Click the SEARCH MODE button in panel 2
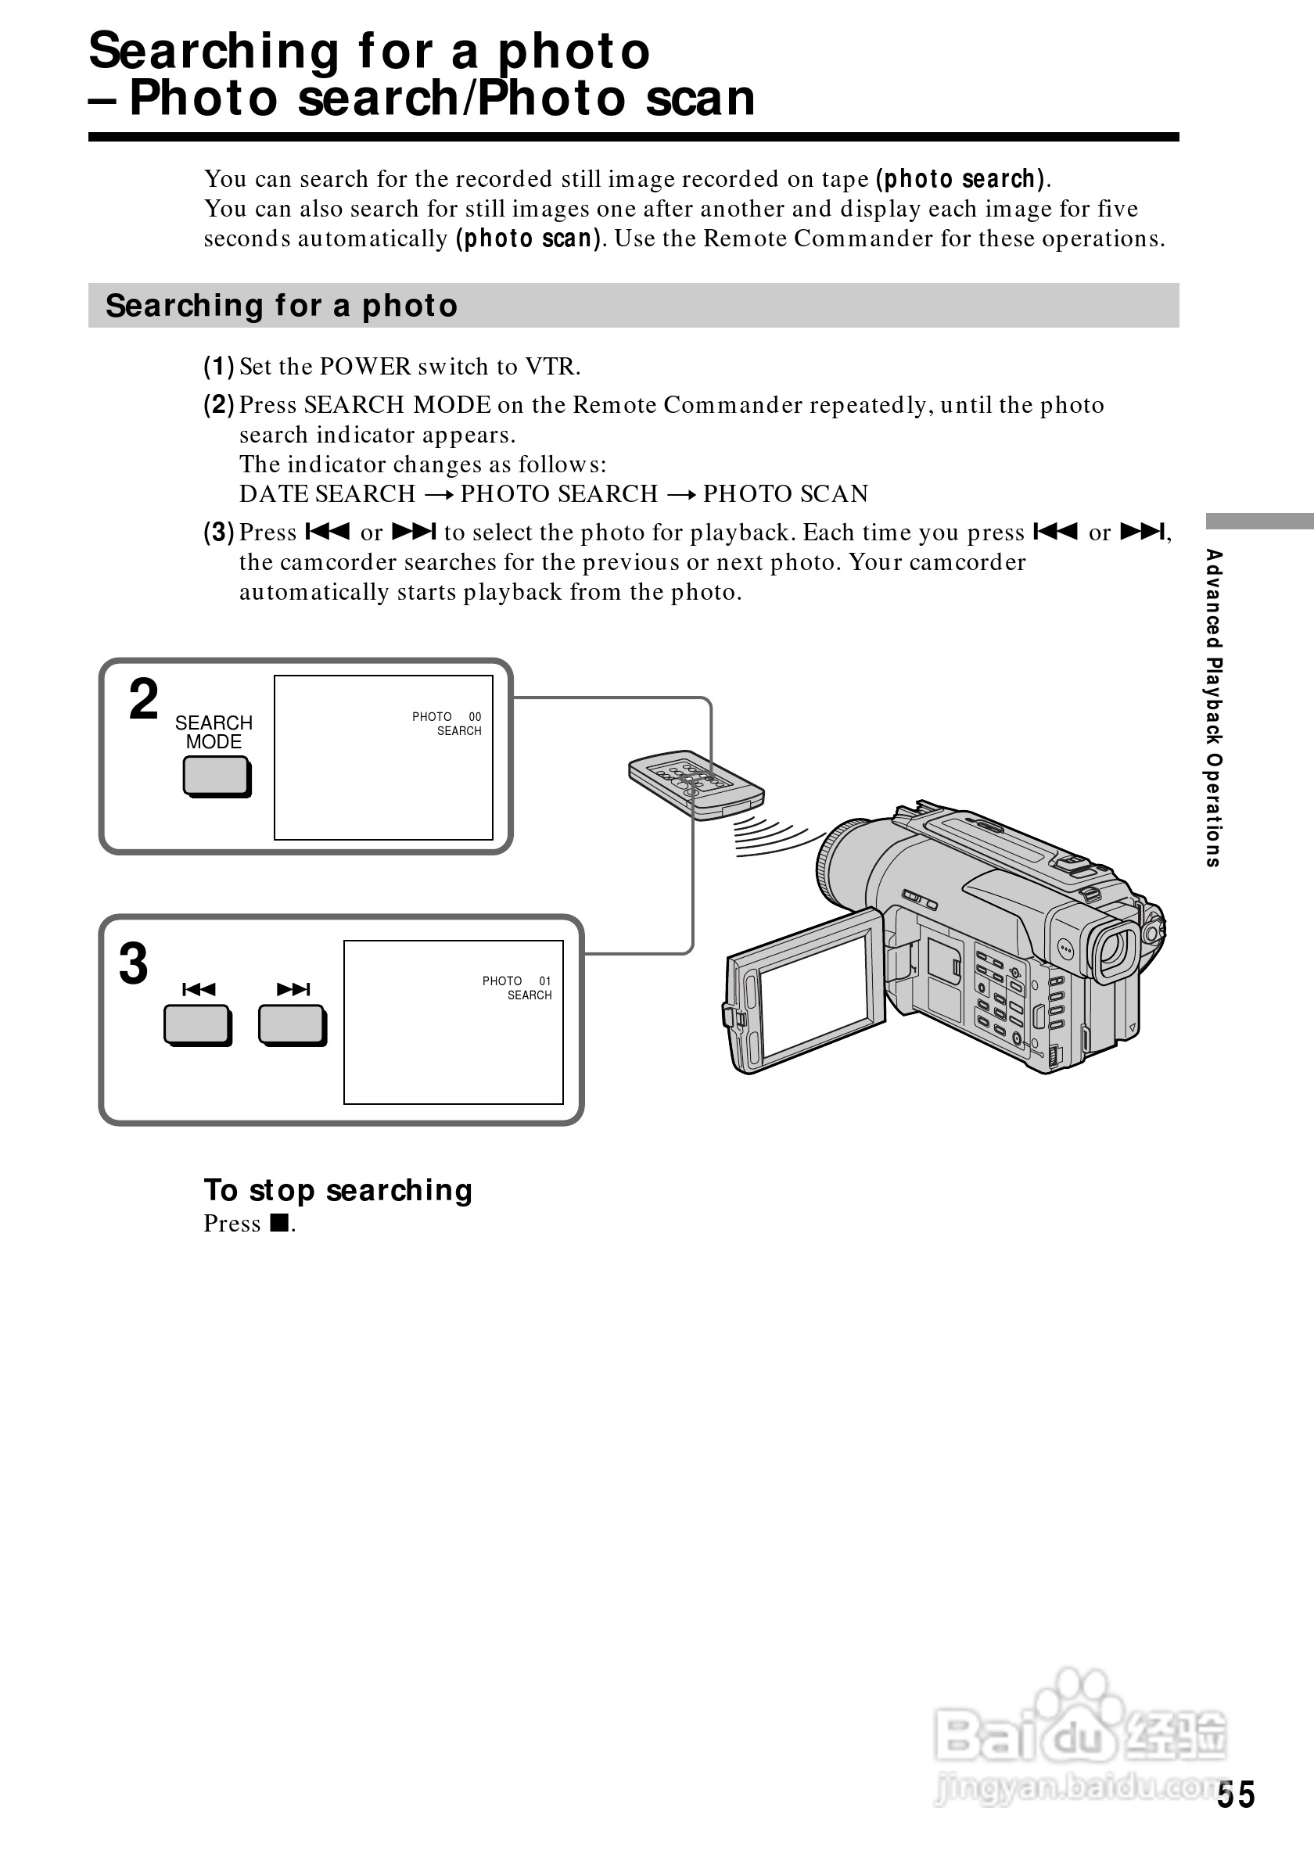(x=216, y=776)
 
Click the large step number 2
(x=143, y=700)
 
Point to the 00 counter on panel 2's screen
(x=475, y=716)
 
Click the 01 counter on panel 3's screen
(x=544, y=981)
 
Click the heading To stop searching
(x=338, y=1190)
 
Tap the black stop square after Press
(x=279, y=1222)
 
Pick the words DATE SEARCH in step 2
(x=328, y=493)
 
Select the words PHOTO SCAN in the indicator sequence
(x=785, y=493)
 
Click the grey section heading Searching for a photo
(x=282, y=306)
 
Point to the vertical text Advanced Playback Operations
(x=1213, y=708)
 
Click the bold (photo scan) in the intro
(x=530, y=238)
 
